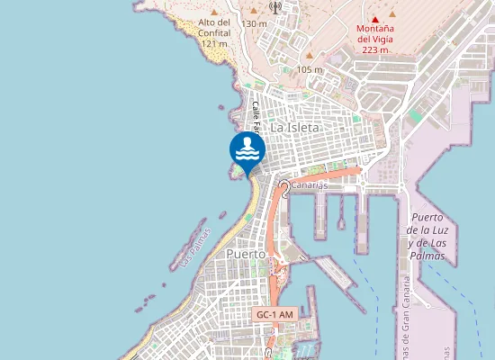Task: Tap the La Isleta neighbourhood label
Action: click(295, 128)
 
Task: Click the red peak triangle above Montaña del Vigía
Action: click(375, 18)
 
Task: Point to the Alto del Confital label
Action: click(214, 27)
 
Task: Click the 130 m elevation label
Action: click(255, 23)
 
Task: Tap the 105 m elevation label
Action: click(309, 70)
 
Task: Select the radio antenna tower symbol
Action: click(274, 6)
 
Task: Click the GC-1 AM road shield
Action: click(274, 314)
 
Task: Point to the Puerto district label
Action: click(246, 255)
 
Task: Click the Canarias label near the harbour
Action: click(309, 185)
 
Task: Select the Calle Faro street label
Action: click(256, 117)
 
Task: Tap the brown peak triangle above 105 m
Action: click(309, 57)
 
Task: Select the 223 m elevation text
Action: click(375, 50)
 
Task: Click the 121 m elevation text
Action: click(214, 43)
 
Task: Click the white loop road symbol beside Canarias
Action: click(284, 187)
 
